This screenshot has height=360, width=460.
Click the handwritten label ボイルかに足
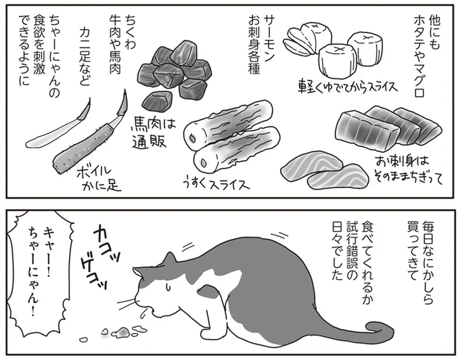click(x=97, y=176)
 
